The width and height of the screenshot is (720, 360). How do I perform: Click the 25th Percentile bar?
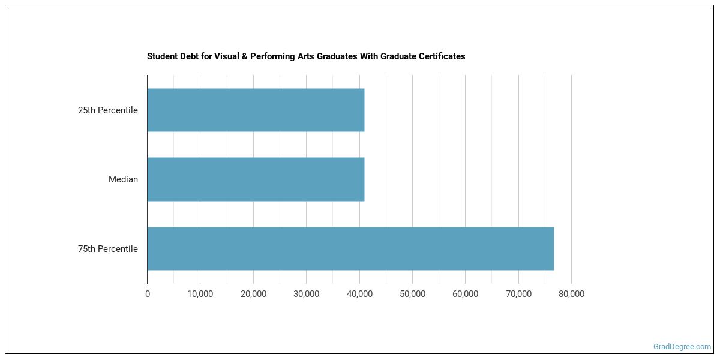pyautogui.click(x=256, y=110)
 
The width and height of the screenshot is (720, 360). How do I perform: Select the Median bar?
pyautogui.click(x=256, y=179)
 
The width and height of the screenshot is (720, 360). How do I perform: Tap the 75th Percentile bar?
pyautogui.click(x=350, y=248)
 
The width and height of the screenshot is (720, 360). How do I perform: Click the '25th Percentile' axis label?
pyautogui.click(x=108, y=110)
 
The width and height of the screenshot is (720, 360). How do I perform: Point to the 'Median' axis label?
pyautogui.click(x=123, y=179)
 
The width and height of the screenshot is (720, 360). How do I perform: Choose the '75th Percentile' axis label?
pyautogui.click(x=108, y=249)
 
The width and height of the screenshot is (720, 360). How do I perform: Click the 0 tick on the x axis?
pyautogui.click(x=148, y=294)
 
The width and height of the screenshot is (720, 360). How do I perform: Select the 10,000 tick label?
pyautogui.click(x=200, y=294)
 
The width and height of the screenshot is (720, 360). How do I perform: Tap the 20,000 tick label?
pyautogui.click(x=253, y=294)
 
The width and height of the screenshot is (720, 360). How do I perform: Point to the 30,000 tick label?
pyautogui.click(x=306, y=294)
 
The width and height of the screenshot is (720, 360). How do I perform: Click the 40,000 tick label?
pyautogui.click(x=359, y=294)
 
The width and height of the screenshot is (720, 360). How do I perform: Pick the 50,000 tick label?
pyautogui.click(x=412, y=294)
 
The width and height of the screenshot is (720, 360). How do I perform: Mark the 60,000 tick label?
pyautogui.click(x=465, y=294)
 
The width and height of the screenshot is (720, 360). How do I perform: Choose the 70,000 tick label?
pyautogui.click(x=518, y=294)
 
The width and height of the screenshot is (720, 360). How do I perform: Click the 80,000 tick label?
pyautogui.click(x=571, y=294)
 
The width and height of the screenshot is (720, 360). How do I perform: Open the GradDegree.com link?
pyautogui.click(x=682, y=346)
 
